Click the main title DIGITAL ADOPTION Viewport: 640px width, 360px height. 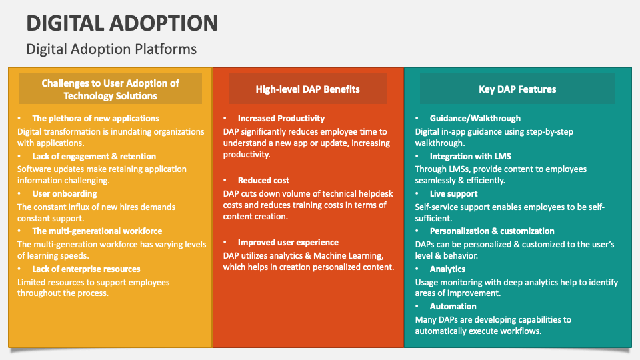pos(122,23)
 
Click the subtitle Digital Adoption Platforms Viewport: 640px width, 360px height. pos(111,49)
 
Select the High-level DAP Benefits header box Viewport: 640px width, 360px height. pos(307,89)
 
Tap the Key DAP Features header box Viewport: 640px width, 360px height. pos(517,89)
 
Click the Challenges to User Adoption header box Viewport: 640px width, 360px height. pos(110,89)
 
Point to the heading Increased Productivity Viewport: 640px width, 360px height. pos(281,118)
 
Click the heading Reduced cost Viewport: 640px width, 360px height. pos(263,180)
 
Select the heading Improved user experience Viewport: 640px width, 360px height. pos(288,242)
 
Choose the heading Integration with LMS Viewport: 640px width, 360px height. pos(470,156)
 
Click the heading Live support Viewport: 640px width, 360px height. pos(453,193)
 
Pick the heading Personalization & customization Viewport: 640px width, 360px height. pos(492,231)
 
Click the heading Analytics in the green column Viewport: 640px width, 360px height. pos(447,269)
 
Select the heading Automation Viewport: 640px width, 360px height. pos(453,306)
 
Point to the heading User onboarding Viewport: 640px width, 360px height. pos(65,193)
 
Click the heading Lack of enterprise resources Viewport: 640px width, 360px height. pos(86,269)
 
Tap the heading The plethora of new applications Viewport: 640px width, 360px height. pos(95,118)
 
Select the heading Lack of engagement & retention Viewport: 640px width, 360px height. pos(94,156)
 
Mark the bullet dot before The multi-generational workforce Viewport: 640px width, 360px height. pos(19,231)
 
